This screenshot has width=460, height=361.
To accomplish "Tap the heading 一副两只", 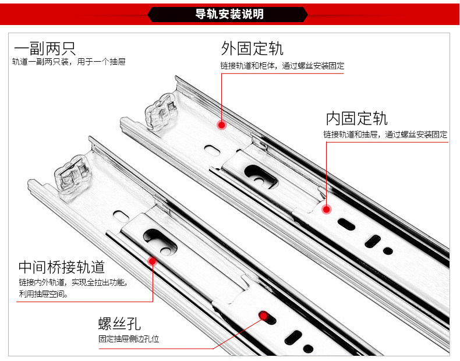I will (45, 48).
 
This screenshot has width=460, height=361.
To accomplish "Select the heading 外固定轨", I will (252, 48).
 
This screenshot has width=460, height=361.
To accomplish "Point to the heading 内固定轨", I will (356, 118).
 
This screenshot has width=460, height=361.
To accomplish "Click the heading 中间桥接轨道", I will (62, 267).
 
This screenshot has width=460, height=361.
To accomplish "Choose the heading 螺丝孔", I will (119, 324).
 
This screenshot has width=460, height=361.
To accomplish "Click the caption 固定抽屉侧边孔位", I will (129, 338).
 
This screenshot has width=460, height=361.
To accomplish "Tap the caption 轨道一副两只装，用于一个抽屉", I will (69, 62).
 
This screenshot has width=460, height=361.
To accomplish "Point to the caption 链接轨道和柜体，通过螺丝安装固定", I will (282, 66).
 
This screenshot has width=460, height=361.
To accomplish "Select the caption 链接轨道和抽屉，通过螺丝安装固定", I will (385, 135).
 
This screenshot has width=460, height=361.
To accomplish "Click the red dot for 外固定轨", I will (221, 125).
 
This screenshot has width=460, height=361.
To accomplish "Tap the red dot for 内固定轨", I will (326, 208).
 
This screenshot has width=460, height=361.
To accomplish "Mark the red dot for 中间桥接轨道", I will (153, 261).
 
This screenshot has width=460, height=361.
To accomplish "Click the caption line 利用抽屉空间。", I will (43, 294).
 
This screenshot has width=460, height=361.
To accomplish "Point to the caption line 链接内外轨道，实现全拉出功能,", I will (72, 282).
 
